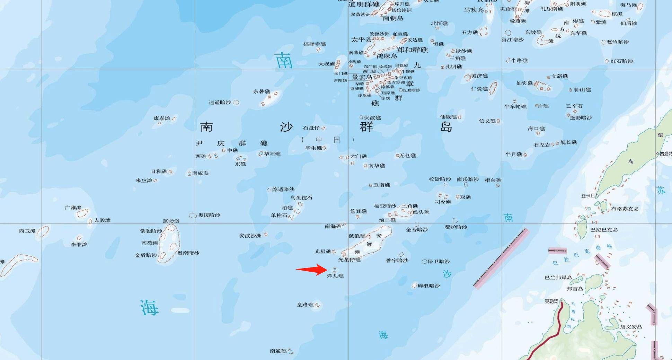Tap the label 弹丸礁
335,276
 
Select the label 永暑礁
262,92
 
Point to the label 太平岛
361,39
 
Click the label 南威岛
200,173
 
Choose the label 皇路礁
305,305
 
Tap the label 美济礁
479,76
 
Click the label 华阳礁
272,154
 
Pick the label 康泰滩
162,118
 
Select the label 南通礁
278,351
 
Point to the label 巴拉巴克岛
604,230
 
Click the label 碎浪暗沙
429,286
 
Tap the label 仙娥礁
448,117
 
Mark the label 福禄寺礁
315,44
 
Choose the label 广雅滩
73,208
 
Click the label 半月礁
513,155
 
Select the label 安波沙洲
250,236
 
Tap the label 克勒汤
551,301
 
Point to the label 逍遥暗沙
220,103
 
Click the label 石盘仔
311,128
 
